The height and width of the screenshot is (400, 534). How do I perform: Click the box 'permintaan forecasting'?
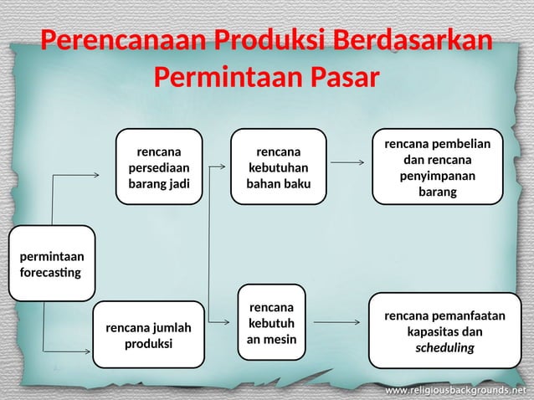(x=52, y=264)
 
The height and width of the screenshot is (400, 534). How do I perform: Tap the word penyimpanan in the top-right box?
(x=437, y=176)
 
